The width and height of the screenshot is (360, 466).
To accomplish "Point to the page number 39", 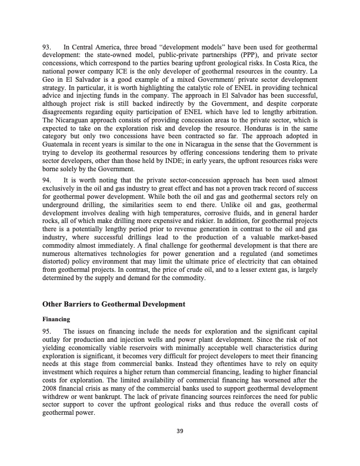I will pyautogui.click(x=179, y=432).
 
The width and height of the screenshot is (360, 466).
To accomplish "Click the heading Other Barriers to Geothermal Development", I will pyautogui.click(x=114, y=304).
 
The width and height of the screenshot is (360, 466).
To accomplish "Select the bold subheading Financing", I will pyautogui.click(x=56, y=319).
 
